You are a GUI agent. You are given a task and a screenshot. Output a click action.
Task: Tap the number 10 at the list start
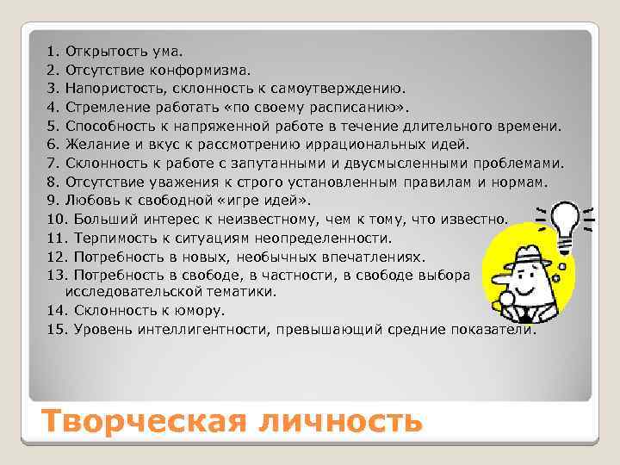click(57, 219)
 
